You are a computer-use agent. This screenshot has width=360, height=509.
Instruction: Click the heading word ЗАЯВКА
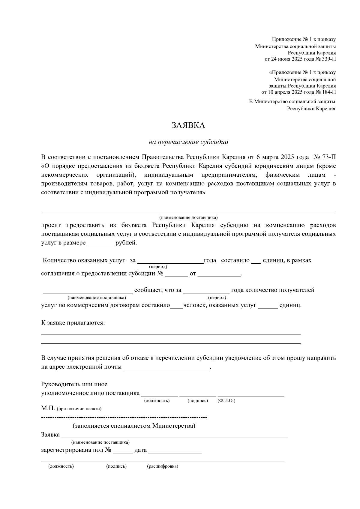[x=188, y=125]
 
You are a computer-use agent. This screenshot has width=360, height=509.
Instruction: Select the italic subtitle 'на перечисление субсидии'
[x=188, y=142]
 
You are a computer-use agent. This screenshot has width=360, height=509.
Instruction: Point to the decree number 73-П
[x=328, y=157]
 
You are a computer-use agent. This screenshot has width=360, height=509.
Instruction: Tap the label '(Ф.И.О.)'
[x=226, y=401]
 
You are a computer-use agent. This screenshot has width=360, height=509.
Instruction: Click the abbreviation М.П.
[x=48, y=408]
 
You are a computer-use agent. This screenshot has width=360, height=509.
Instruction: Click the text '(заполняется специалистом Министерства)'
[x=134, y=426]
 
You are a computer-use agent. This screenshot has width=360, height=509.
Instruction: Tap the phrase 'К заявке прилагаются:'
[x=73, y=323]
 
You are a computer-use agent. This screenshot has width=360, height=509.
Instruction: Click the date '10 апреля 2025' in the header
[x=284, y=92]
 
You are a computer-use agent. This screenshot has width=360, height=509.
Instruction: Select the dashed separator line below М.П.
[x=124, y=417]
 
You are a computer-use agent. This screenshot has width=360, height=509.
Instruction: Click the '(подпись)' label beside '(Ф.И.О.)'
[x=197, y=401]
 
